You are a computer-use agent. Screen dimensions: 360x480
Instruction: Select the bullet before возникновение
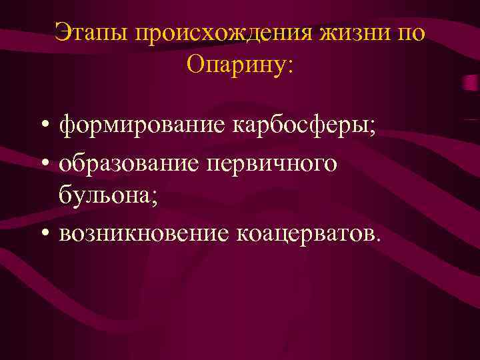point(43,234)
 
